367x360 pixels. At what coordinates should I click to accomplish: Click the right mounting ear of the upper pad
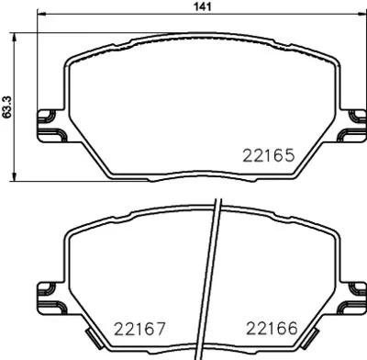[x=350, y=125]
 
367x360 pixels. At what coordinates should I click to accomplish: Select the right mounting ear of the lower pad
[x=350, y=296]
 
